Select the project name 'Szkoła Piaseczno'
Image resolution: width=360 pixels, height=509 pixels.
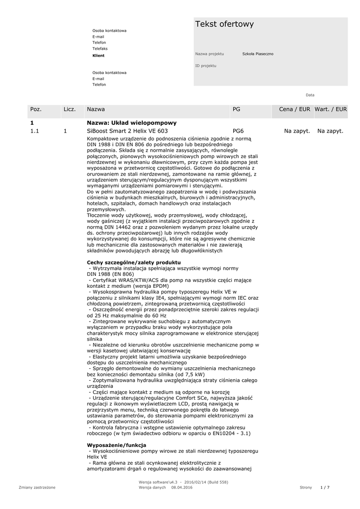258,54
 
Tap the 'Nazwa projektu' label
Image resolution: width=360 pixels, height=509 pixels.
209,54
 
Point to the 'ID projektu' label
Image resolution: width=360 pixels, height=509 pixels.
206,66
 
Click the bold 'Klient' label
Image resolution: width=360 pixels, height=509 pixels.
98,56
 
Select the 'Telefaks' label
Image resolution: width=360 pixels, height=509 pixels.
100,49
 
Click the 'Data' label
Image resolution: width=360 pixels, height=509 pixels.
310,95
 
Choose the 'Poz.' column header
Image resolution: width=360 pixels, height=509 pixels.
36,109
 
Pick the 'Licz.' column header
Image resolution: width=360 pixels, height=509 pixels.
69,109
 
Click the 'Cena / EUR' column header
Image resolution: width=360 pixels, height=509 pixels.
294,109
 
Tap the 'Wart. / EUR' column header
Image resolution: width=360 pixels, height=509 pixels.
331,109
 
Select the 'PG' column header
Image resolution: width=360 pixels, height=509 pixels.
236,109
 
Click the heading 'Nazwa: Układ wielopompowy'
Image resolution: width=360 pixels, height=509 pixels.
132,122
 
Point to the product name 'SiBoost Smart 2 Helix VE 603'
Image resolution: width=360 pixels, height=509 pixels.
127,131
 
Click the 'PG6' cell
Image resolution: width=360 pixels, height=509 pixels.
238,131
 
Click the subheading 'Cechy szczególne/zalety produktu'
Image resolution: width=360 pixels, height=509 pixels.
134,262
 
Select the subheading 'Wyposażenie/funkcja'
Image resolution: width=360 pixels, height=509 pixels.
116,445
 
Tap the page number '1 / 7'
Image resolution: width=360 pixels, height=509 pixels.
325,488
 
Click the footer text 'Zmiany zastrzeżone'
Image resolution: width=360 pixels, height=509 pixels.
37,488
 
